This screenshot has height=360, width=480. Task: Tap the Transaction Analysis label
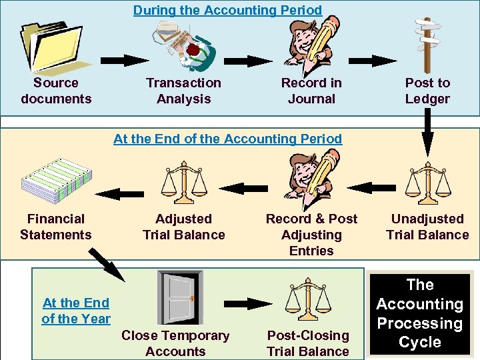pos(183,91)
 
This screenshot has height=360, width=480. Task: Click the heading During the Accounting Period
pos(227,10)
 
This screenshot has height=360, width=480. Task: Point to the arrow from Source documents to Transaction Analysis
pos(125,60)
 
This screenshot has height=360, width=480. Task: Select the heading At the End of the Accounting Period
pos(227,139)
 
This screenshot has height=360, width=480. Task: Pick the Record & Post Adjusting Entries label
pos(311,235)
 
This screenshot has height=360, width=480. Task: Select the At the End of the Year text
pos(76,311)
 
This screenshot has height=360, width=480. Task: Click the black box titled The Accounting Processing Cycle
pos(420,313)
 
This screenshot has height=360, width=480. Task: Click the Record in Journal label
pos(311,91)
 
